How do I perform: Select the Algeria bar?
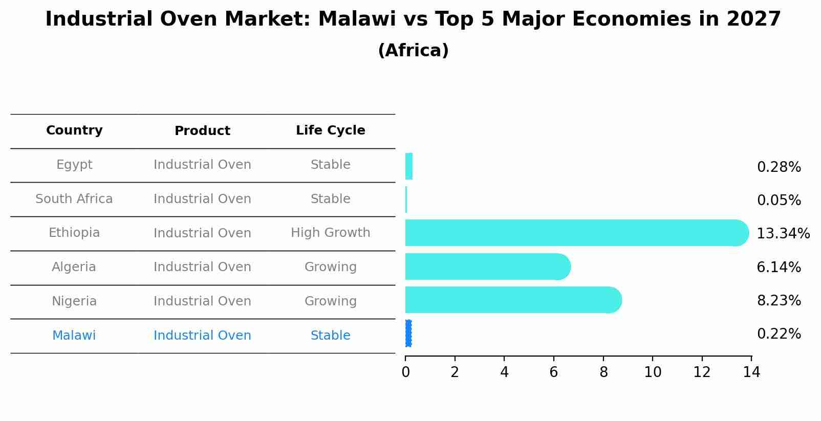tap(486, 267)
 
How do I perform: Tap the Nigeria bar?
tap(512, 300)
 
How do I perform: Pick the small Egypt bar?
tap(408, 166)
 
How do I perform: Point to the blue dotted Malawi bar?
tap(408, 334)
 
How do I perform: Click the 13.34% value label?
tap(783, 234)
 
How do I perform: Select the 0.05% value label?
tap(779, 201)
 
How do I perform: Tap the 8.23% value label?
tap(779, 301)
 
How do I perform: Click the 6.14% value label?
tap(779, 268)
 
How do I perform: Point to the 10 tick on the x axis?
tap(653, 372)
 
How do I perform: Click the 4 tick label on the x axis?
tap(504, 372)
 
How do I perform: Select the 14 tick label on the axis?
tap(751, 372)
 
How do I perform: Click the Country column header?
tap(74, 130)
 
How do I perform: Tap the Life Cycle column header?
tap(330, 130)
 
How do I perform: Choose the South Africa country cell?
tap(74, 199)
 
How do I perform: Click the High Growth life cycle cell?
tap(330, 233)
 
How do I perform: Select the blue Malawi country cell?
tap(74, 336)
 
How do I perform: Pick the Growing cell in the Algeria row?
tap(330, 267)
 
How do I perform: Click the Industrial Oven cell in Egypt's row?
tap(202, 165)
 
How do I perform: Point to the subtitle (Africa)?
tap(413, 51)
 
